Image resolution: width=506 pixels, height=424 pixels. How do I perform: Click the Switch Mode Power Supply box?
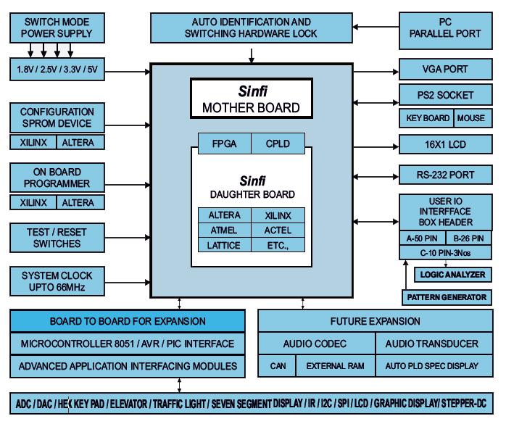[57, 28]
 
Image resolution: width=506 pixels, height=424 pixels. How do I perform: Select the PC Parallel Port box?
[445, 28]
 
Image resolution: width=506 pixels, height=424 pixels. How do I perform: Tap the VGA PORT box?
[445, 70]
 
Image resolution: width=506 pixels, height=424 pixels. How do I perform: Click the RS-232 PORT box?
[445, 175]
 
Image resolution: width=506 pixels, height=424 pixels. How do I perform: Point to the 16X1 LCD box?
[445, 144]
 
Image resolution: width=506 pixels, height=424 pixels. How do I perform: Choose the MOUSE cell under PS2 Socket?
[471, 118]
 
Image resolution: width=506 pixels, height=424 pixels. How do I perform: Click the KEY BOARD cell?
[426, 118]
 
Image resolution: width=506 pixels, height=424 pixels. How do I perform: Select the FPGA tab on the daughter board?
[225, 144]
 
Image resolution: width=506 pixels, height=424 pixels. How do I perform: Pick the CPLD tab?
[278, 144]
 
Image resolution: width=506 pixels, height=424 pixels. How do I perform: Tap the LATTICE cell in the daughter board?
[224, 245]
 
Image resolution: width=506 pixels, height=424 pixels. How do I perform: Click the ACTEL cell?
[278, 230]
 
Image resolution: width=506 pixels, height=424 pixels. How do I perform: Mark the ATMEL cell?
[224, 230]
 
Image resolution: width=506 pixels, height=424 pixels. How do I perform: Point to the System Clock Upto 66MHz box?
[57, 281]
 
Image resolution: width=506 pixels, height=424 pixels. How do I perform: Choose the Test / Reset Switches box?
[57, 238]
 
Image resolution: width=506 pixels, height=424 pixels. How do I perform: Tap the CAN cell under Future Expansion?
[278, 366]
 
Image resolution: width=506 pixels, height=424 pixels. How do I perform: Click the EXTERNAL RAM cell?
[335, 366]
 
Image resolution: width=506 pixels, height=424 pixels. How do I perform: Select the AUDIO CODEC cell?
[315, 344]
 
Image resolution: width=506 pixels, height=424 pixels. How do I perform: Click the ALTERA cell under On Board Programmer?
[78, 203]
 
